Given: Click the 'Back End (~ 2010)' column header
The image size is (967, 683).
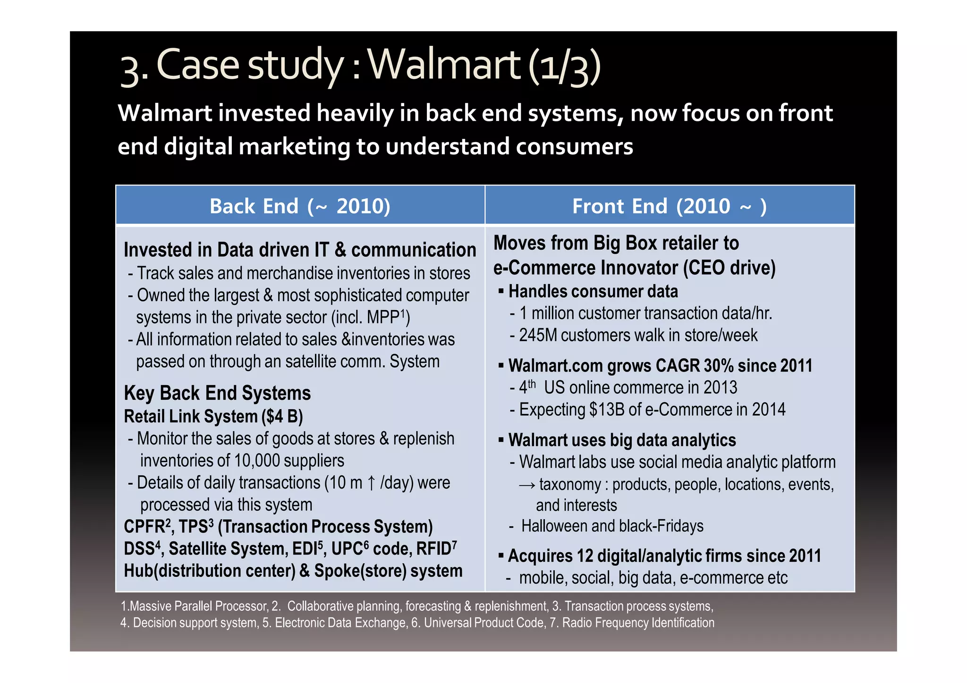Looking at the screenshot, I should (300, 206).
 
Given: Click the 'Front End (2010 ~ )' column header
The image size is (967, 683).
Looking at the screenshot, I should (669, 206).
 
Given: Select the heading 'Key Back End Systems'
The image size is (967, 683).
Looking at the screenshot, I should (217, 393).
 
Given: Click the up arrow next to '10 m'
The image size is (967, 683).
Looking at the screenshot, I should (371, 483).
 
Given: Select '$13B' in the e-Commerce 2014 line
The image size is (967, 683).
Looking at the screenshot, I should (607, 409).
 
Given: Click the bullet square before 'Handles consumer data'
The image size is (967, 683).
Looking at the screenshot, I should (501, 292).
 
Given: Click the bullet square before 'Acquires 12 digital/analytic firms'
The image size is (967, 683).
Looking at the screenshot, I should (501, 556).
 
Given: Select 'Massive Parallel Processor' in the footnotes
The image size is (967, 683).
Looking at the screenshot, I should (198, 606).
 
